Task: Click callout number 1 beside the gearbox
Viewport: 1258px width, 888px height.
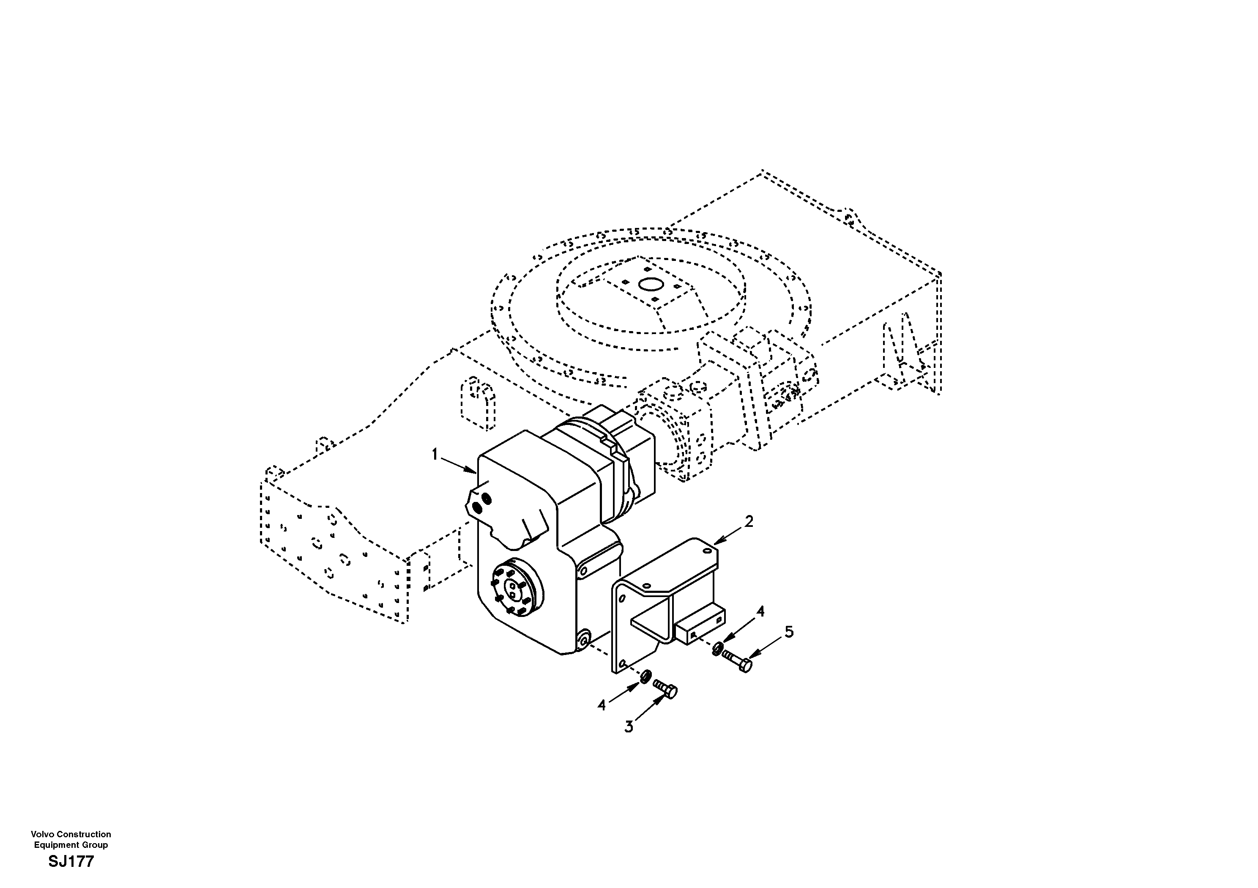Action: [435, 455]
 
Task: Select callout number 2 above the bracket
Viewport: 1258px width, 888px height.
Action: [749, 521]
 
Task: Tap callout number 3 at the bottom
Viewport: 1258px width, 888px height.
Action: [629, 727]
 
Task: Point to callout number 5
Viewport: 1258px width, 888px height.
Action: [789, 632]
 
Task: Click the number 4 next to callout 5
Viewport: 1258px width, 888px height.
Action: [760, 611]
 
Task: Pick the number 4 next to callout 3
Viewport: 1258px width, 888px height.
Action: [602, 705]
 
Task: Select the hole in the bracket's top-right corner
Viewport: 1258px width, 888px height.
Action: [707, 549]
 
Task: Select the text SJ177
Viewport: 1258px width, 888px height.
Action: [71, 862]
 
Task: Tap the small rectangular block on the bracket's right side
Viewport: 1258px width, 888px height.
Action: [701, 625]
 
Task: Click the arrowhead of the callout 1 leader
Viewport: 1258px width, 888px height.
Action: [474, 471]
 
